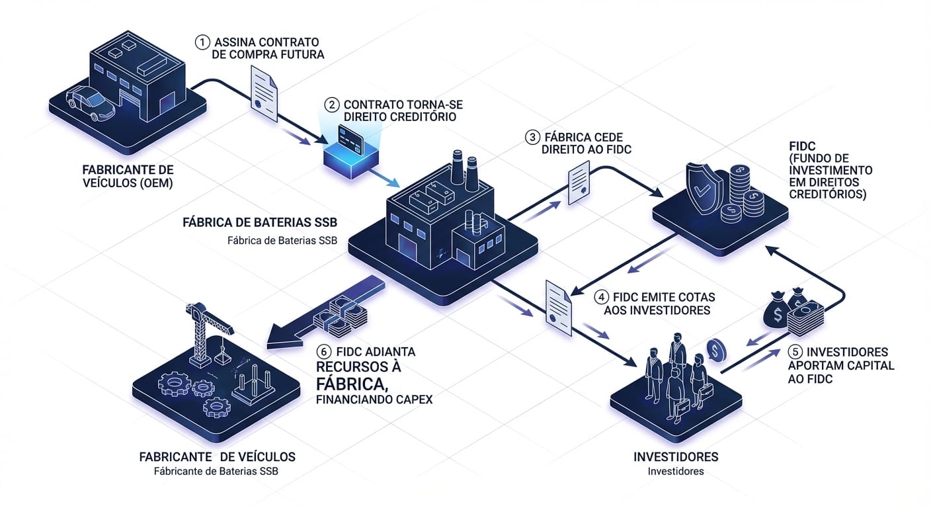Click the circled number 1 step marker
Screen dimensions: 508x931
(x=202, y=42)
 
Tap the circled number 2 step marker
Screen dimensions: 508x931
(x=332, y=105)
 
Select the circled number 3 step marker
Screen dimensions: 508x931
(x=532, y=137)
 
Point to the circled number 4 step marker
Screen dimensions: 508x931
(x=602, y=296)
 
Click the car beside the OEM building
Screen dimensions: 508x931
(x=91, y=104)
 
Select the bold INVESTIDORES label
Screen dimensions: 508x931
(x=676, y=457)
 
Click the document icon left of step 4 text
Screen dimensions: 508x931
(x=557, y=304)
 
